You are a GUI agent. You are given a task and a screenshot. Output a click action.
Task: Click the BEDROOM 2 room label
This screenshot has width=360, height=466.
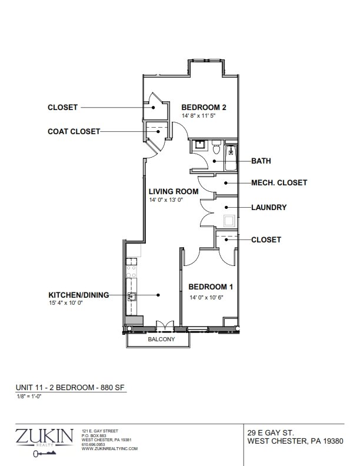point(204,107)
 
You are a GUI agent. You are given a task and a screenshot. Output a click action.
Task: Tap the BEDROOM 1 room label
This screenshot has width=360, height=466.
point(211,287)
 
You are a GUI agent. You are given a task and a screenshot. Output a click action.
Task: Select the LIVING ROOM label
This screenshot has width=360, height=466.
point(174,191)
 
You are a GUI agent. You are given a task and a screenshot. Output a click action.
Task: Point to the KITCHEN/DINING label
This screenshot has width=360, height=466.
point(79,295)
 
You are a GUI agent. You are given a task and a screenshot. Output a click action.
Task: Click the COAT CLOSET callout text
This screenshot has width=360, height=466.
point(74,131)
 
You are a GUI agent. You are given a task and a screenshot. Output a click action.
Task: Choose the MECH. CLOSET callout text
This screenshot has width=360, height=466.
point(279,182)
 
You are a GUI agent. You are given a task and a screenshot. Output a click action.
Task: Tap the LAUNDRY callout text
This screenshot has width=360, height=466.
point(269,207)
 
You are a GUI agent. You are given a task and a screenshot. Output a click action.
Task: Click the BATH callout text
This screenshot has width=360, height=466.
point(261,161)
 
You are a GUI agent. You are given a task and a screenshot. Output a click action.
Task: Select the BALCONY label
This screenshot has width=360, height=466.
point(161,339)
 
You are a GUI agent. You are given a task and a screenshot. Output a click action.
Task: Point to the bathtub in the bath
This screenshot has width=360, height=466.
point(231,158)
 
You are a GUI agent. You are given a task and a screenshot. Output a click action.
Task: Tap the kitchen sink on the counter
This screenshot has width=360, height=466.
point(132,297)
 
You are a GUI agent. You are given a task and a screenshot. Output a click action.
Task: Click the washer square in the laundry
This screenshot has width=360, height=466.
point(229,221)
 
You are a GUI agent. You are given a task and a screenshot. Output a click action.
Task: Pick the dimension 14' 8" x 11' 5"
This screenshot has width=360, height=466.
point(198,115)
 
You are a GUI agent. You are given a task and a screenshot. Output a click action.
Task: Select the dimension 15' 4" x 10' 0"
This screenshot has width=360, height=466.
point(66,303)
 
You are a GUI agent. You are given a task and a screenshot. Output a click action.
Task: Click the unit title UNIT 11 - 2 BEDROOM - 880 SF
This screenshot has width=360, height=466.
point(70,388)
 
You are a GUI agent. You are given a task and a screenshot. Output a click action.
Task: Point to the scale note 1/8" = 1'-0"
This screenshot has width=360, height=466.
point(29,396)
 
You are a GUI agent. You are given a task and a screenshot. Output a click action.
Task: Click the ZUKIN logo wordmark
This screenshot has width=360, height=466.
point(44,435)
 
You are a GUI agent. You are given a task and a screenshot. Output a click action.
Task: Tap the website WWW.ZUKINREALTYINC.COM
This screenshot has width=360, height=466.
point(109,449)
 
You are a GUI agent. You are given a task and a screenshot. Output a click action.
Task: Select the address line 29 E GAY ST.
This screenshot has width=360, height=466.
point(271,432)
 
